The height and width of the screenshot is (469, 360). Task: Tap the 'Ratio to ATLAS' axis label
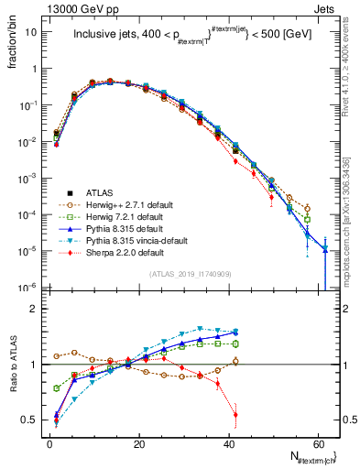tap(11, 365)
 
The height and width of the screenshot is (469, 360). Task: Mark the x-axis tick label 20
tap(138, 443)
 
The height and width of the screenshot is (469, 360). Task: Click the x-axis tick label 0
tap(49, 443)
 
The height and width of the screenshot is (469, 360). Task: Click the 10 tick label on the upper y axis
tap(31, 32)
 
